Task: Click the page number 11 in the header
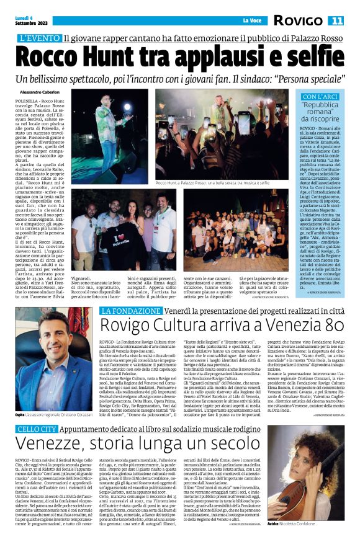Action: (x=335, y=20)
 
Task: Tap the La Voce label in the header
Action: (x=252, y=21)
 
